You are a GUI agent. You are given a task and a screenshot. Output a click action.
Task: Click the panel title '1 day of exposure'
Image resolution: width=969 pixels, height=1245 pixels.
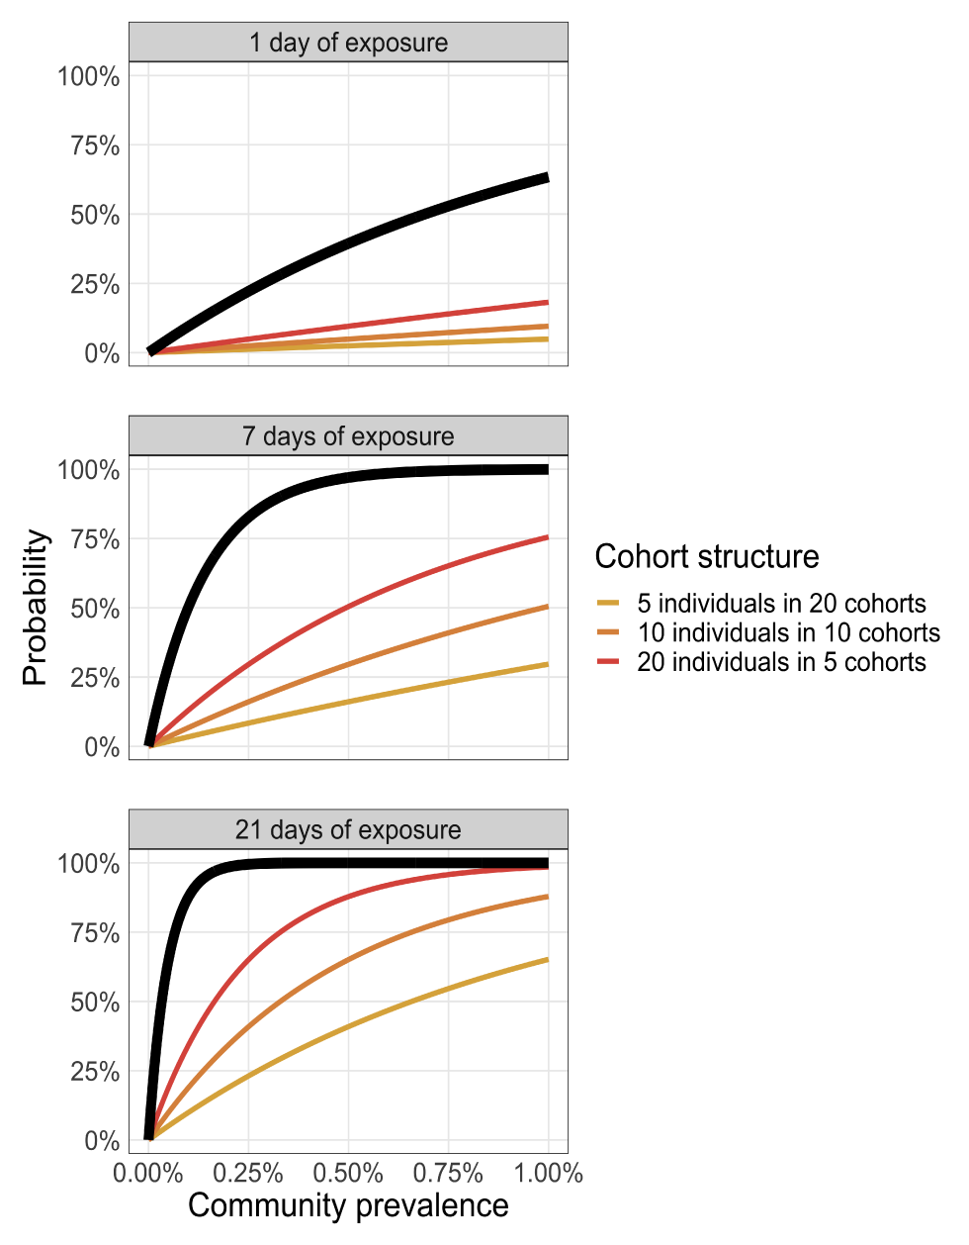point(348,44)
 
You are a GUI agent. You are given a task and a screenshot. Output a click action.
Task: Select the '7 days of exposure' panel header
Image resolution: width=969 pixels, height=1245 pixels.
point(348,436)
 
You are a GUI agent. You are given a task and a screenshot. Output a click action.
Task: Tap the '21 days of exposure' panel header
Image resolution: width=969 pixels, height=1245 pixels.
point(348,829)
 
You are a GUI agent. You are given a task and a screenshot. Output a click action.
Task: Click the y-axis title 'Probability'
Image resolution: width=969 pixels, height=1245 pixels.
point(36,608)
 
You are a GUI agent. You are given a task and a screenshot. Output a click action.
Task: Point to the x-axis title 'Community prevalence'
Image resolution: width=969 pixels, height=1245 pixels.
point(348,1205)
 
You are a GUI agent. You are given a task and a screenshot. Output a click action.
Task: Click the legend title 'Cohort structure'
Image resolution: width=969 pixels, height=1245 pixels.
point(707,557)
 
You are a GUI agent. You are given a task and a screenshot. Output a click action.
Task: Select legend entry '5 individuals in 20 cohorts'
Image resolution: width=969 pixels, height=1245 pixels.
point(781,604)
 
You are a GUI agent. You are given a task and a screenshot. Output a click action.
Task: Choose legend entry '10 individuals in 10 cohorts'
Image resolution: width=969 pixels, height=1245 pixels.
point(788,632)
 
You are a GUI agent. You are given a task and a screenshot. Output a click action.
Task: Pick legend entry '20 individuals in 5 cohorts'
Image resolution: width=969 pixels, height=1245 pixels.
point(781,662)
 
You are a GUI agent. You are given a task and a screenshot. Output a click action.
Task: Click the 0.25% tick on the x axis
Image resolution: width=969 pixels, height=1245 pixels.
point(248,1174)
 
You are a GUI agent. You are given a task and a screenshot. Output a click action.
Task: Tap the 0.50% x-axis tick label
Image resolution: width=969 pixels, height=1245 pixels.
point(348,1174)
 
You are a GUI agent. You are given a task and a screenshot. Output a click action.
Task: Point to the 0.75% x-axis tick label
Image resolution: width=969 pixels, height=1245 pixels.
point(448,1174)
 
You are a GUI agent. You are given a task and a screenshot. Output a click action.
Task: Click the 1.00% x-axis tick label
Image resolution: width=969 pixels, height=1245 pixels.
point(549,1174)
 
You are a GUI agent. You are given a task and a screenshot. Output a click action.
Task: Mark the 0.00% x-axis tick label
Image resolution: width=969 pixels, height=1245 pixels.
point(148,1174)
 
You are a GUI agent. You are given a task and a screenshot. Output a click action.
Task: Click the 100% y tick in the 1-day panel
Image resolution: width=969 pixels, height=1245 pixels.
point(89,76)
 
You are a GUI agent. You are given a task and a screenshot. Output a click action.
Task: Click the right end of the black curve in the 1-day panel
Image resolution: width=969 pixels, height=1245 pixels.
point(548,177)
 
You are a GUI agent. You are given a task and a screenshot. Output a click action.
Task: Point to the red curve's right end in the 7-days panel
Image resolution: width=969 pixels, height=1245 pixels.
point(548,537)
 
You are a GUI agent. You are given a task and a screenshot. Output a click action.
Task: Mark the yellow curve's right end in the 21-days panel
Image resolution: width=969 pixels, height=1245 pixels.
point(548,959)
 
